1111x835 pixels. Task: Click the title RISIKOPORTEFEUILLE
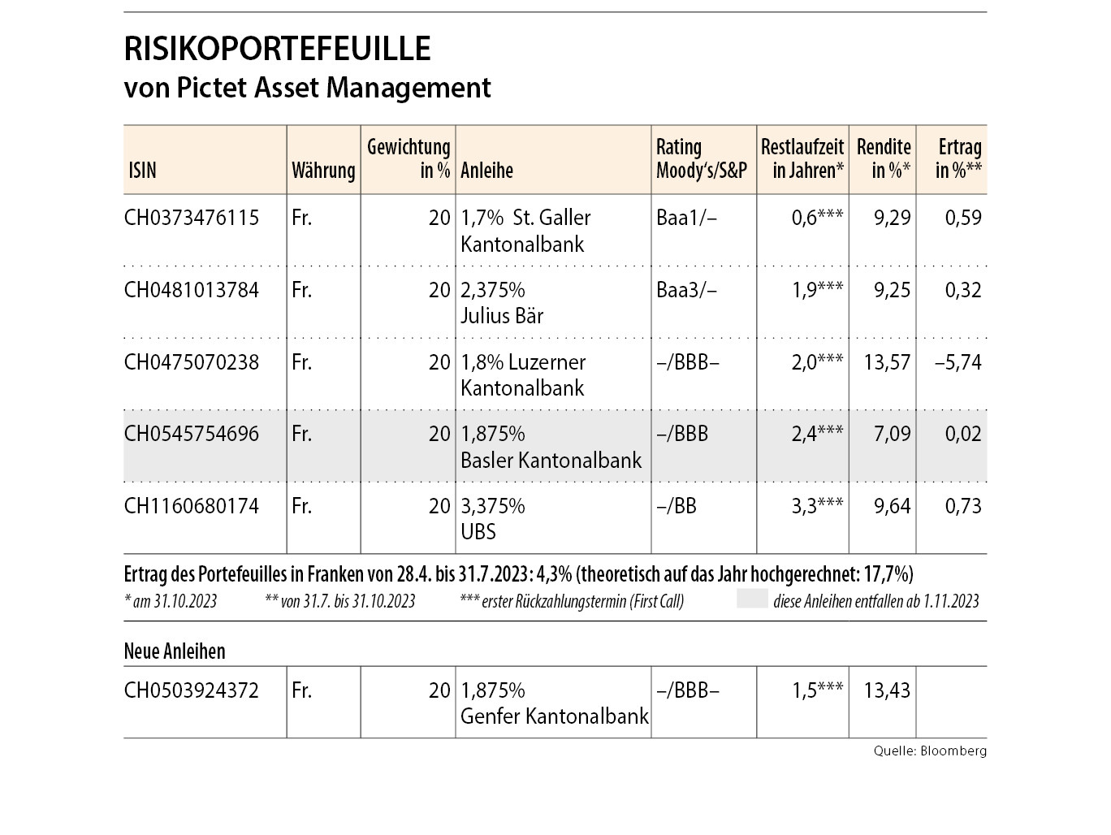click(x=277, y=50)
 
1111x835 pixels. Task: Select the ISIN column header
click(x=142, y=171)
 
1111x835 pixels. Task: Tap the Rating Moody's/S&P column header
click(x=702, y=159)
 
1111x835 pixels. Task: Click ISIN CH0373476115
click(x=192, y=218)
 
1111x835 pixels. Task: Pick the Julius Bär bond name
click(x=502, y=316)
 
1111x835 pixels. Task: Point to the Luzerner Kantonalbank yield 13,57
click(x=887, y=362)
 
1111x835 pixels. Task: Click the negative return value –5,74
click(x=958, y=362)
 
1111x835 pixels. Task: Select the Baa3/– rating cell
click(x=687, y=290)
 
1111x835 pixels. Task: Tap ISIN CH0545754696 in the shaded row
click(x=192, y=434)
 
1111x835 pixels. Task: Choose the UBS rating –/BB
click(x=677, y=506)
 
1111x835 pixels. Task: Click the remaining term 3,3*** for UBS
click(x=817, y=506)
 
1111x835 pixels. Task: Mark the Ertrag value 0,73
click(x=963, y=506)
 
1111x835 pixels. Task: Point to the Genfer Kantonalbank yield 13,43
click(x=887, y=690)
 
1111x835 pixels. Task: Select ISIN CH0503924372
click(x=192, y=690)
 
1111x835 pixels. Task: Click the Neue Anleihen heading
click(x=175, y=651)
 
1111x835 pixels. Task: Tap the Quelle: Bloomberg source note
click(x=930, y=751)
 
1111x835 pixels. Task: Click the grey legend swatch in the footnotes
click(x=752, y=600)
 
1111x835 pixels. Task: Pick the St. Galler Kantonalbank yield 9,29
click(x=893, y=218)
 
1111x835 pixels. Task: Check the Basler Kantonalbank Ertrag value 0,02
click(x=963, y=434)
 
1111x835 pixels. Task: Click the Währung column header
click(x=323, y=171)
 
